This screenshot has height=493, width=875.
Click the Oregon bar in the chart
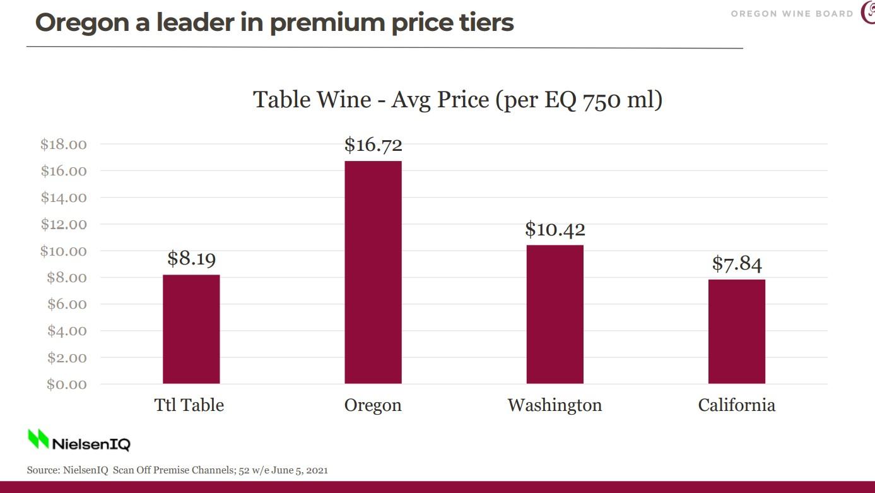pyautogui.click(x=373, y=272)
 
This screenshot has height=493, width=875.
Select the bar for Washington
pyautogui.click(x=555, y=314)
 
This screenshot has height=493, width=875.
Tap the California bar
pyautogui.click(x=736, y=331)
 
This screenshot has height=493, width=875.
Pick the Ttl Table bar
pyautogui.click(x=191, y=329)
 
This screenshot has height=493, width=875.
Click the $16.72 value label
pyautogui.click(x=373, y=145)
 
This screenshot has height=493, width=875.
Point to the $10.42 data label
pyautogui.click(x=555, y=229)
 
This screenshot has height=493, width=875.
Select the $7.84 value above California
pyautogui.click(x=736, y=263)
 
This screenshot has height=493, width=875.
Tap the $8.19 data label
pyautogui.click(x=191, y=258)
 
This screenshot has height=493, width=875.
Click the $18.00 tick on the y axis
pyautogui.click(x=63, y=145)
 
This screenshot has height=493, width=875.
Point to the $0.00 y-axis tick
pyautogui.click(x=66, y=384)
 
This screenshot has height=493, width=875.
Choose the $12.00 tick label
pyautogui.click(x=63, y=224)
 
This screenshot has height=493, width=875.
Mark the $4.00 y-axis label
pyautogui.click(x=66, y=331)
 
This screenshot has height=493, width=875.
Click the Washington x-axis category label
pyautogui.click(x=555, y=405)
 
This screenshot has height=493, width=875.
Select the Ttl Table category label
pyautogui.click(x=189, y=405)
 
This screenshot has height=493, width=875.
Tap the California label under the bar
pyautogui.click(x=736, y=405)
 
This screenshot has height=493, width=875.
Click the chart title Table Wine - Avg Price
pyautogui.click(x=457, y=100)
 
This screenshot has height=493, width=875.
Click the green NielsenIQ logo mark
pyautogui.click(x=38, y=439)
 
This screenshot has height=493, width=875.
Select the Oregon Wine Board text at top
pyautogui.click(x=792, y=14)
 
